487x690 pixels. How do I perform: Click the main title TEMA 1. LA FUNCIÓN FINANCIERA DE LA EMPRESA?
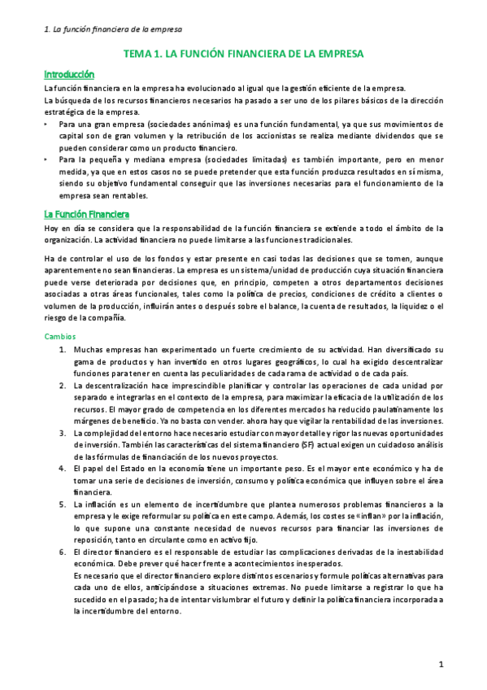242,54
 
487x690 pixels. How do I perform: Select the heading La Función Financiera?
86,215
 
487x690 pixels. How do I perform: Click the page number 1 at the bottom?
441,664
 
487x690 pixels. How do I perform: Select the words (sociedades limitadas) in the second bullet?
203,160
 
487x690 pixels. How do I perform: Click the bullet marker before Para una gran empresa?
46,124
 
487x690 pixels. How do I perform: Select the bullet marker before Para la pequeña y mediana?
46,160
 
